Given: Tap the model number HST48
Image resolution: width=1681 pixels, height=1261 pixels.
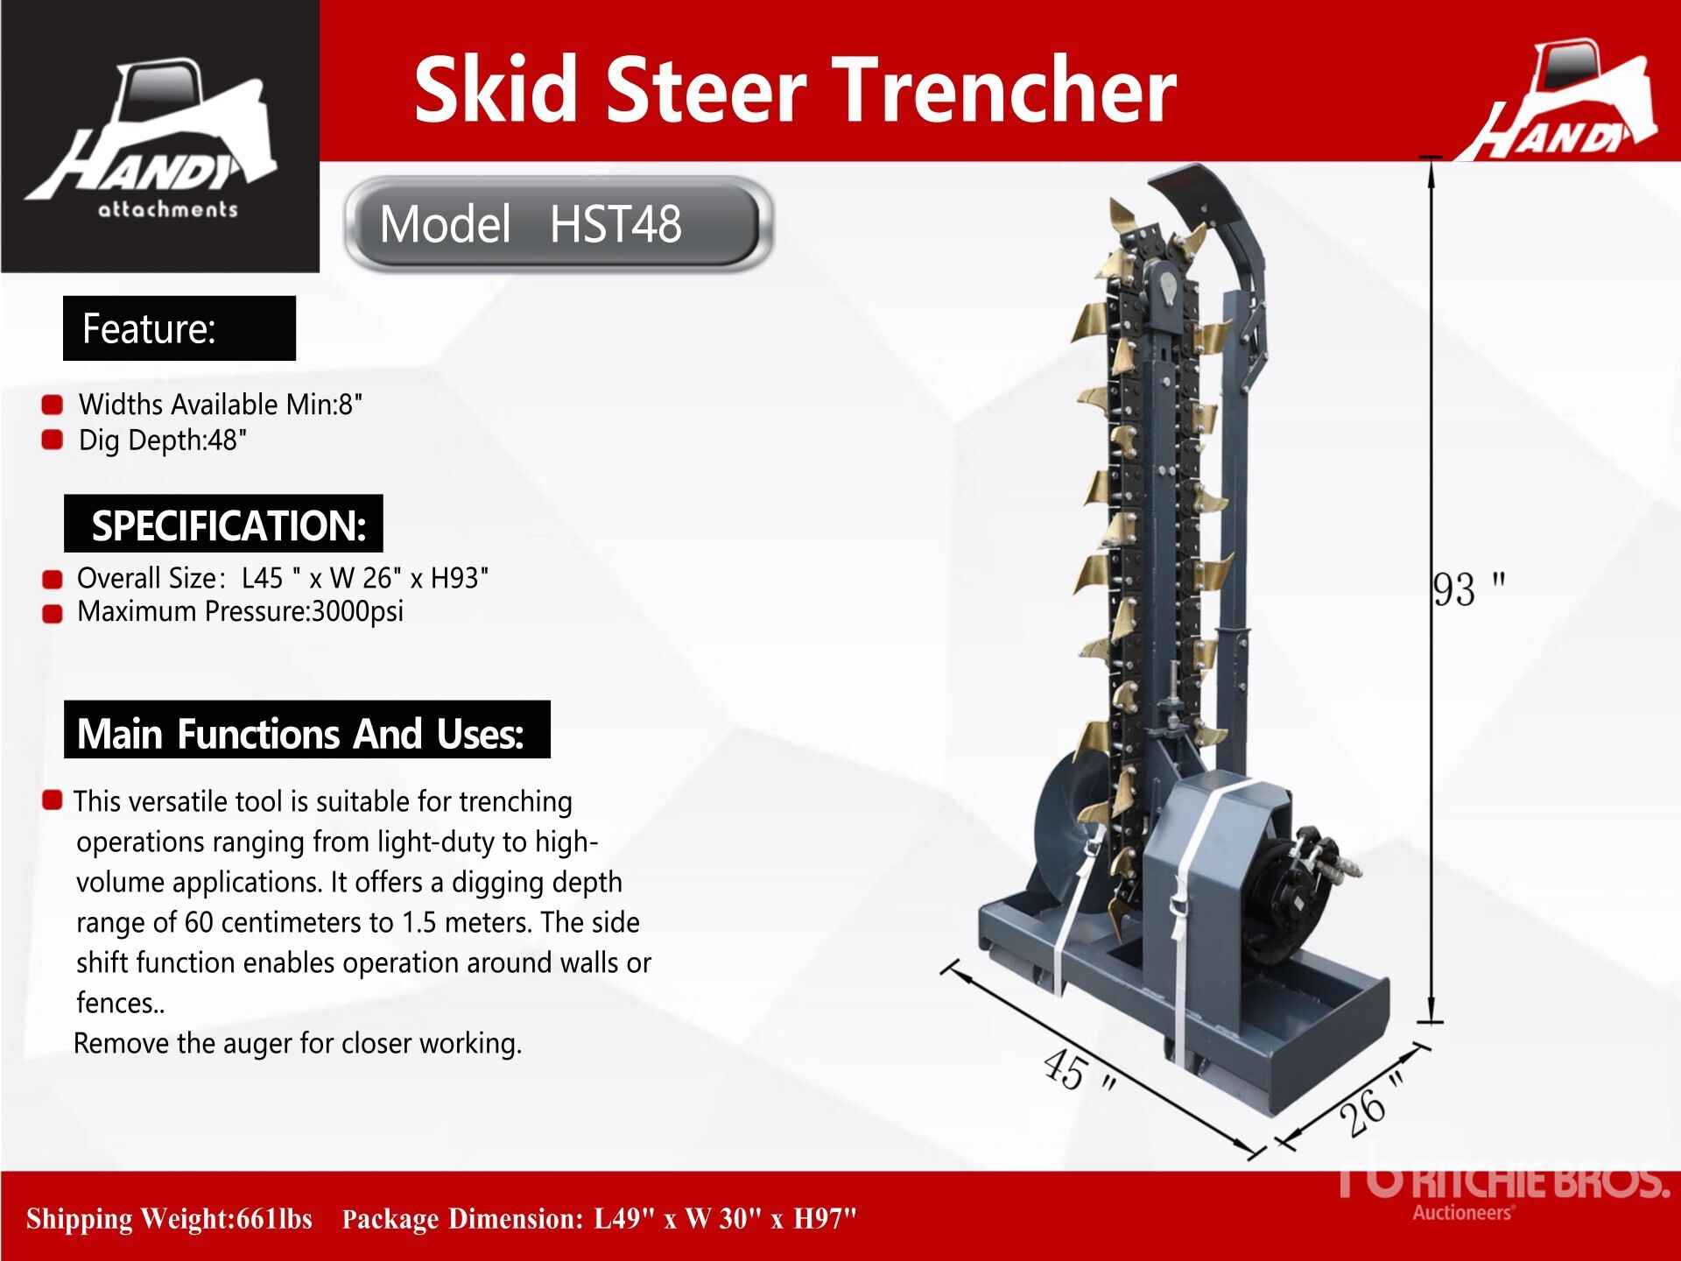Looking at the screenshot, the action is pos(615,224).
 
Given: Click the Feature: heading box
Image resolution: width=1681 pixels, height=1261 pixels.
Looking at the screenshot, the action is pos(179,328).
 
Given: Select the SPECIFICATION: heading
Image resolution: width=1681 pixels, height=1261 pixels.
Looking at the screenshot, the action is pos(223,524).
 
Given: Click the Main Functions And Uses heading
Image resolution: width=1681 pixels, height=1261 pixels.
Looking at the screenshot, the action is pos(307,729).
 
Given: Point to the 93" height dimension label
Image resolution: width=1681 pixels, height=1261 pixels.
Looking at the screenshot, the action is pos(1469,588).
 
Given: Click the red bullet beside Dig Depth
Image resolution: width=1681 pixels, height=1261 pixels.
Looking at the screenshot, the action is pos(53,440).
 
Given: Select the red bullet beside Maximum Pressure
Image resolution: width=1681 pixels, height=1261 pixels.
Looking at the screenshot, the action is pos(53,613).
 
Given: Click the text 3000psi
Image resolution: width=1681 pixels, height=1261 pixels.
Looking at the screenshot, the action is pos(357,611).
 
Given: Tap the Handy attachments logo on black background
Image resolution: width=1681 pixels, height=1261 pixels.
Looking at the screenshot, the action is pos(160,137).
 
